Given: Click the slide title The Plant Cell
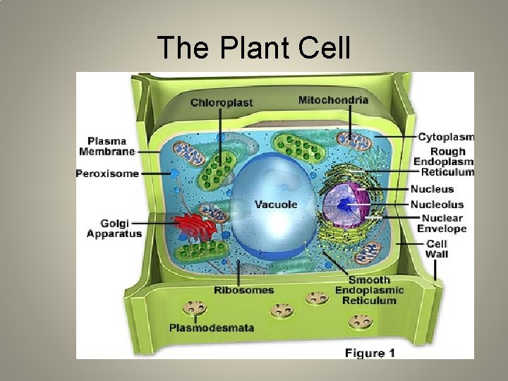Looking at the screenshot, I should click(x=254, y=48).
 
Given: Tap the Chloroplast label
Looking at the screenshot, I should click(x=221, y=102).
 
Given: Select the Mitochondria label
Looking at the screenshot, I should click(x=333, y=100).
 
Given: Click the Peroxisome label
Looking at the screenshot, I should click(x=108, y=174).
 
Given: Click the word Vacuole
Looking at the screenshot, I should click(x=276, y=205).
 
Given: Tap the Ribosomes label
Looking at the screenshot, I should click(x=244, y=289).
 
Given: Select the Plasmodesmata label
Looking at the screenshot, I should click(x=212, y=327).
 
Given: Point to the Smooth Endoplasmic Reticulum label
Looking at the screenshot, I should click(x=370, y=290).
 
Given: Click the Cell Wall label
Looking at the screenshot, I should click(x=436, y=248).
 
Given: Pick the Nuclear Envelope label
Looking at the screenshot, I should click(x=442, y=223).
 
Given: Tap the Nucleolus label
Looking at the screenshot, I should click(x=442, y=204).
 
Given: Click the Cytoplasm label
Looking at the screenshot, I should click(x=446, y=137).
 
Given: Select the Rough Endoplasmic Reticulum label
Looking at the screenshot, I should click(x=445, y=162).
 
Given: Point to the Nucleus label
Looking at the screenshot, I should click(x=433, y=189).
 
